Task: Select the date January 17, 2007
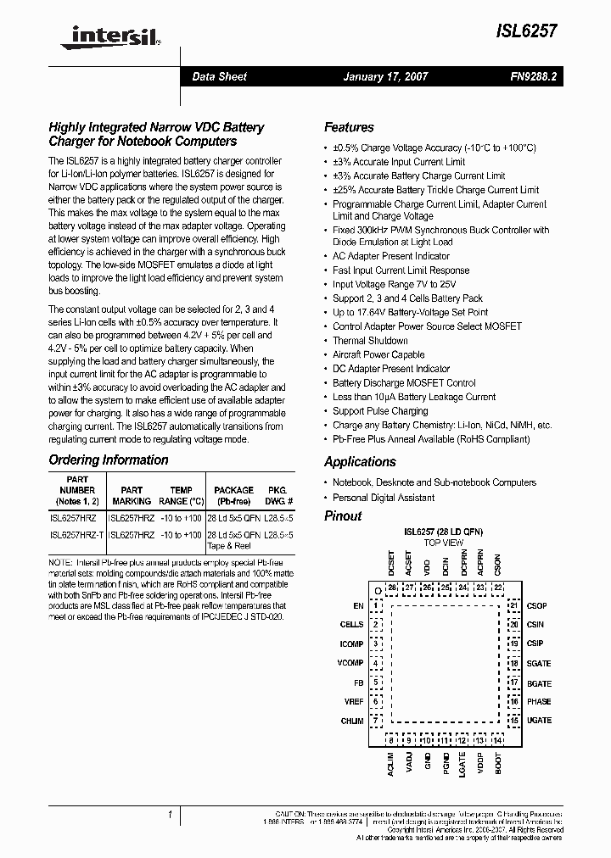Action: pos(385,76)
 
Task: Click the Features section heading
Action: pos(349,127)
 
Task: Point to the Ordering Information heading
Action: pos(109,460)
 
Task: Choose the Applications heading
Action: pos(360,462)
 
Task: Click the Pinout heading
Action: pos(343,516)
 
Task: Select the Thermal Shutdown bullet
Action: pos(370,341)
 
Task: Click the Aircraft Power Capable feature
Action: pos(378,355)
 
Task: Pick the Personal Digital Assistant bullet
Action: pos(384,498)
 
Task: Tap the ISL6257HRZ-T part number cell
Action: pos(77,536)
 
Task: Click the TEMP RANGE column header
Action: pos(181,496)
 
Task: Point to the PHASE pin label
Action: pos(538,702)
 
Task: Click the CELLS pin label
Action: pos(351,625)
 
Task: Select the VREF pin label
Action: pos(353,702)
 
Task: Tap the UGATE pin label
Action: pos(539,721)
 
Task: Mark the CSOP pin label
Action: pos(537,606)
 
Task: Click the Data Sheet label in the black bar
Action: pos(219,76)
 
